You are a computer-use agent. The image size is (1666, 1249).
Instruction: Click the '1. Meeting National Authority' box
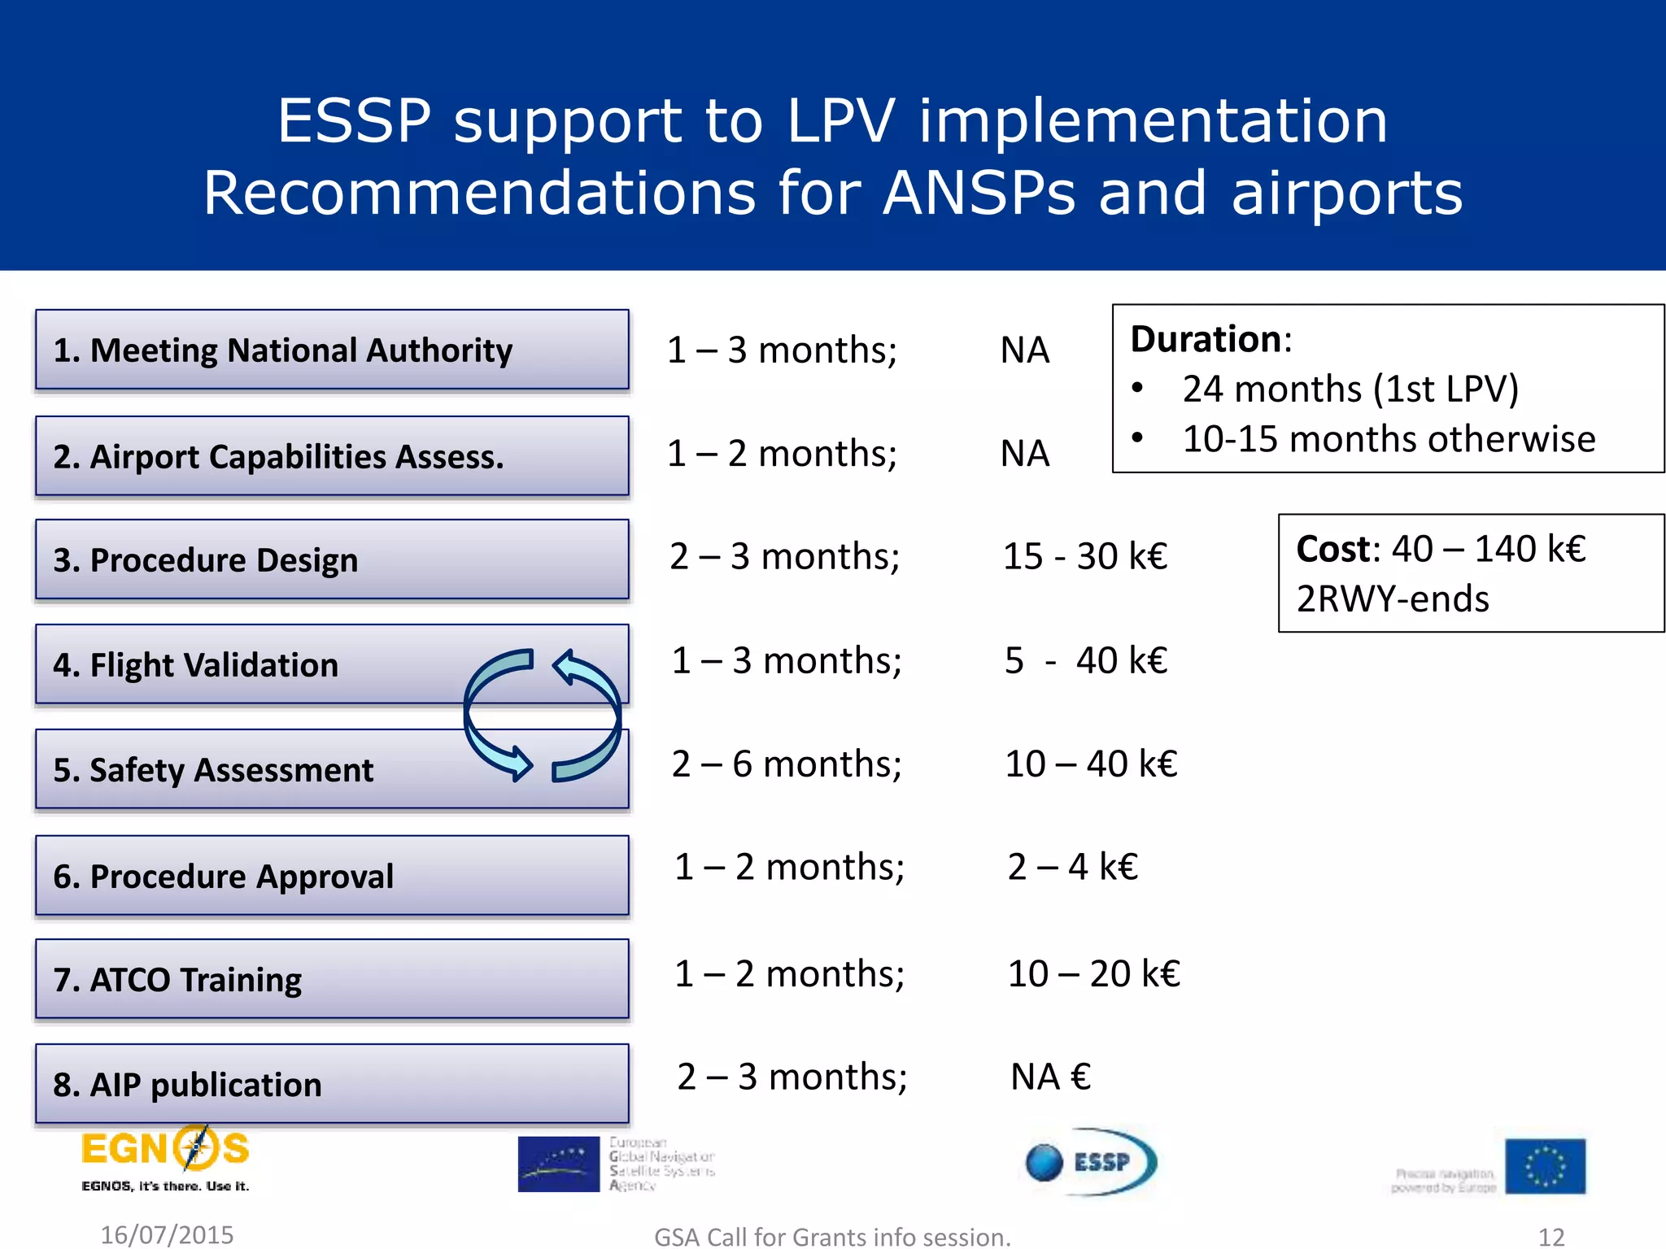tap(332, 350)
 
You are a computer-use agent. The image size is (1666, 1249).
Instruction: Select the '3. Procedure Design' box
tap(332, 559)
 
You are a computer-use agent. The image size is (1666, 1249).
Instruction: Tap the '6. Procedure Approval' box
tap(332, 876)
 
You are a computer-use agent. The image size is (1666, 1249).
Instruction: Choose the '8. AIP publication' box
tap(332, 1084)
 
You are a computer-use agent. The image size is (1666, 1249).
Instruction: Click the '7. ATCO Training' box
tap(332, 979)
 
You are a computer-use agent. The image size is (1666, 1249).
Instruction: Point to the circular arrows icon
tap(542, 716)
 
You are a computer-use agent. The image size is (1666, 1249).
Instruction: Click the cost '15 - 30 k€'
tap(1084, 557)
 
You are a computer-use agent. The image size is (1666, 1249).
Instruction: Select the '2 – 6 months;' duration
tap(787, 764)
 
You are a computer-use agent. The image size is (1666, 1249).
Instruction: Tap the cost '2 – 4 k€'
tap(1072, 867)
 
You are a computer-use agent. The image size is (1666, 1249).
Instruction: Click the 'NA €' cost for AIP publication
tap(1050, 1077)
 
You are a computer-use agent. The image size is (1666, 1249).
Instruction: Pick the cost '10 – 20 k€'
tap(1093, 973)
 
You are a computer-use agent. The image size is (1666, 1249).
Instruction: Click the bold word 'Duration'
tap(1206, 339)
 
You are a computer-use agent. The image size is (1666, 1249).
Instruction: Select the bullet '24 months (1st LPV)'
tap(1350, 389)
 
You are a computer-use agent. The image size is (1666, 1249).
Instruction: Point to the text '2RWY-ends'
tap(1393, 599)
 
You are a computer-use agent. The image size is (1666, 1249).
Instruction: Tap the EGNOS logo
tap(165, 1158)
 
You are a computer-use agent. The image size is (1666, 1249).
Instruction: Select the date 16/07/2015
tap(167, 1235)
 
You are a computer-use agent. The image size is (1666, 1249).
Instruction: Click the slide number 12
tap(1551, 1237)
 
